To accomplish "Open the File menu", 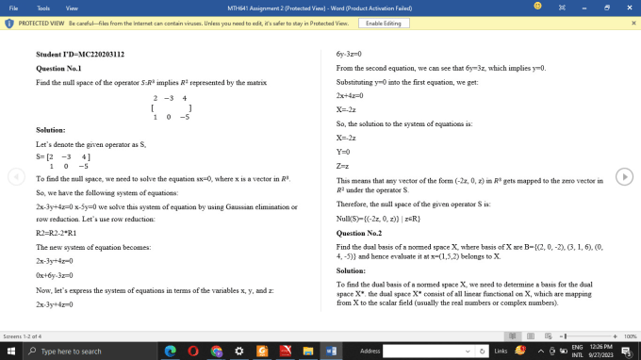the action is point(14,7).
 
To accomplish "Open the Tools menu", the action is point(42,7).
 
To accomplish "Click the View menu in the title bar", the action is point(72,7).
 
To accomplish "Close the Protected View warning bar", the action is point(633,23).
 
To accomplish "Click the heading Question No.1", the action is point(58,69).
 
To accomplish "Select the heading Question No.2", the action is point(358,232).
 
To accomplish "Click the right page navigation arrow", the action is point(623,177).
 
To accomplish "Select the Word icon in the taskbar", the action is point(329,351).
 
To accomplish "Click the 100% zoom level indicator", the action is point(631,335).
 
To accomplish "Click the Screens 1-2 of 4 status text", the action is point(23,335).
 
